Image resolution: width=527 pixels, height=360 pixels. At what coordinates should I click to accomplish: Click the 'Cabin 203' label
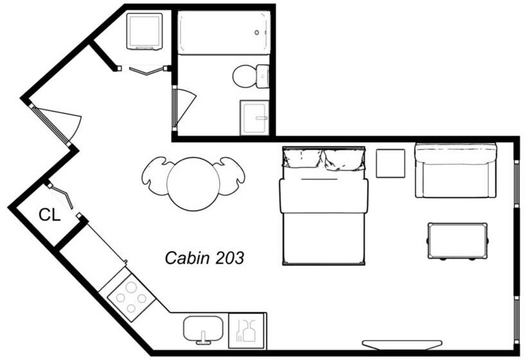pos(204,258)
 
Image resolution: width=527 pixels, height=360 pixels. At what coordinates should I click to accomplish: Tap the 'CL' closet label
pos(49,215)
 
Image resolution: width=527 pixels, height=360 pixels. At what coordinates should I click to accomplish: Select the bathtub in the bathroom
pos(223,33)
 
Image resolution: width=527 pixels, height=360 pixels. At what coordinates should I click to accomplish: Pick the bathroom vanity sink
pos(255,118)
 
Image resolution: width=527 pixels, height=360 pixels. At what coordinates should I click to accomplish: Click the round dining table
pos(193,184)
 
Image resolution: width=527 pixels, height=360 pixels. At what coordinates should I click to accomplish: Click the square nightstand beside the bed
pos(390,163)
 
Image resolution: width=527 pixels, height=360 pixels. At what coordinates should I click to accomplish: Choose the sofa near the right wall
pos(456,170)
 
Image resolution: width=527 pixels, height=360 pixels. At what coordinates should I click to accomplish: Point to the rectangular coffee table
pos(458,240)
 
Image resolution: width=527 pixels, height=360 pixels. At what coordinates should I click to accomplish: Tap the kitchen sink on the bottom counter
pos(204,329)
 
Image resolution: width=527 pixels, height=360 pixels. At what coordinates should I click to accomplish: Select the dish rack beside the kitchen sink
pos(247,330)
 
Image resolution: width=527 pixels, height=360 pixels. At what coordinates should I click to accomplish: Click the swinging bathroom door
pos(184,105)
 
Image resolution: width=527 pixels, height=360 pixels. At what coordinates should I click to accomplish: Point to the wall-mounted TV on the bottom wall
pos(402,345)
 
